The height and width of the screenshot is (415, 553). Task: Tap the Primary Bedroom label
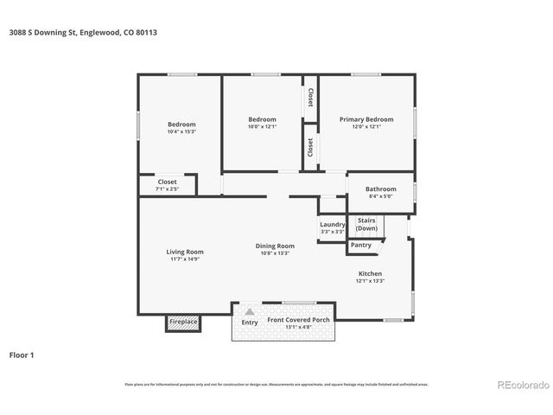tap(365, 119)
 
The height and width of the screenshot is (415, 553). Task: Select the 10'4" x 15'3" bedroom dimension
tap(181, 131)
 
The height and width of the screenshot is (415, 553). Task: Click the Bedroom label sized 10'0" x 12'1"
tap(262, 119)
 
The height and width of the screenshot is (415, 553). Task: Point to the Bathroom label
tap(380, 188)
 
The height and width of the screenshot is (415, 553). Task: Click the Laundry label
tap(332, 224)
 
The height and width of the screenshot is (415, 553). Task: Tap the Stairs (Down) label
tap(366, 224)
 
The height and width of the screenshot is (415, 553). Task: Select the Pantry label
tap(361, 245)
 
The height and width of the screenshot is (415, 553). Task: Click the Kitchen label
tap(370, 273)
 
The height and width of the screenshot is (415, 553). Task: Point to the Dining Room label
tap(275, 246)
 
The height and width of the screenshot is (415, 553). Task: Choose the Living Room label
tap(185, 252)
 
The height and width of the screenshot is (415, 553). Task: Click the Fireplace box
tap(183, 322)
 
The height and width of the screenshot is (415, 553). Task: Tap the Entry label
tap(249, 322)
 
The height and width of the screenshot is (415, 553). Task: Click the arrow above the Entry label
tap(249, 311)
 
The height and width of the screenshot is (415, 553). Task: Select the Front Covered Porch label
tap(298, 320)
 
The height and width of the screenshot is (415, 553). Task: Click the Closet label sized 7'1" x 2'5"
tap(167, 182)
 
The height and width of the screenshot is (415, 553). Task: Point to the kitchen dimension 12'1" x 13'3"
tap(370, 281)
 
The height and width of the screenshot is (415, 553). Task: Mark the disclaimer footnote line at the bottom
tap(276, 384)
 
